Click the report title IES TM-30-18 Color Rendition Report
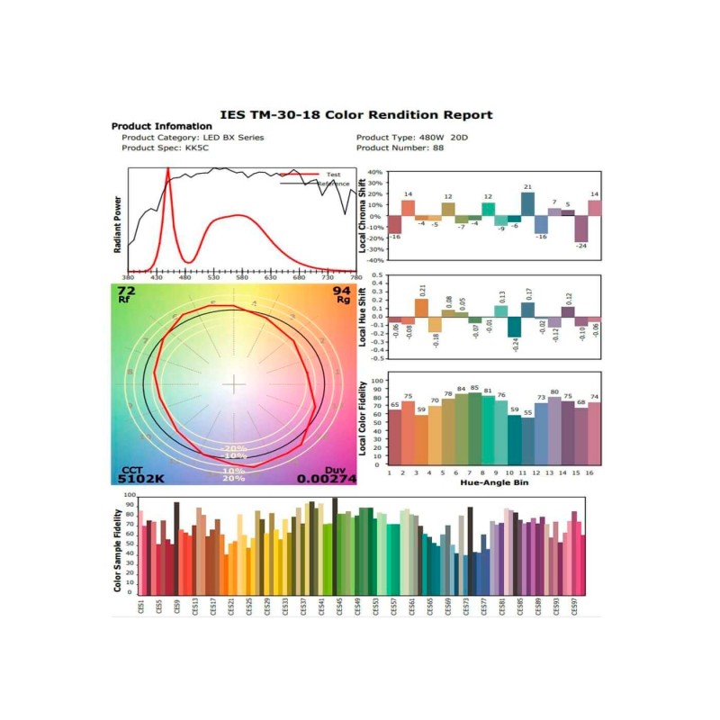point(357,114)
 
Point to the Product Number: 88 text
point(400,148)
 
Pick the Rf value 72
point(127,292)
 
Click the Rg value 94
point(341,292)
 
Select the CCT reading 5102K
point(142,479)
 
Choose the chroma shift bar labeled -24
point(581,229)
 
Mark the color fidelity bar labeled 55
point(527,438)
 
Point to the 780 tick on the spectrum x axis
point(355,277)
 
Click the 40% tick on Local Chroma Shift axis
point(373,171)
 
